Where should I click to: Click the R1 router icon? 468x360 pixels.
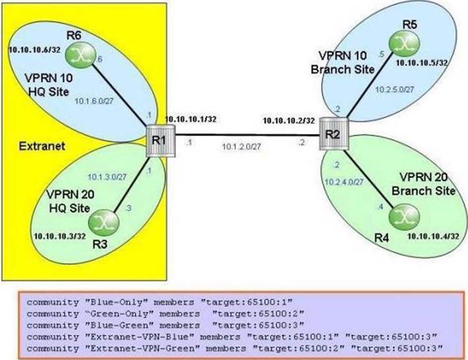(x=155, y=140)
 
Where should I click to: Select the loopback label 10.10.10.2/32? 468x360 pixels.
(x=287, y=121)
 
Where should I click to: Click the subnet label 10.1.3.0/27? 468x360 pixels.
(x=107, y=177)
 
